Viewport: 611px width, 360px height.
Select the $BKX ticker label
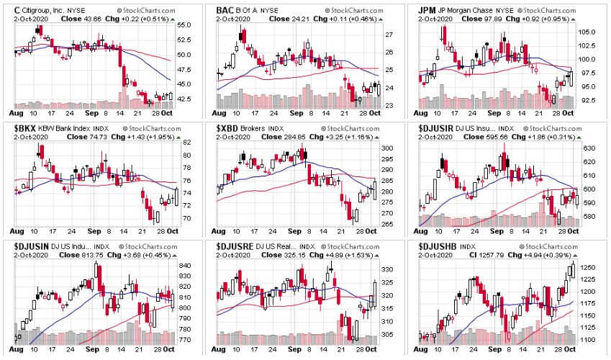pos(27,127)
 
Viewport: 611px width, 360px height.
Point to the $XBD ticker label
pos(230,127)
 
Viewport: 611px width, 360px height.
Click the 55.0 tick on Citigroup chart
pos(184,25)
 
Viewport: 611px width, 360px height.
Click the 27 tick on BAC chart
pos(388,35)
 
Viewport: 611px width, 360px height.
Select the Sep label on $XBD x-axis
pos(297,232)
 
